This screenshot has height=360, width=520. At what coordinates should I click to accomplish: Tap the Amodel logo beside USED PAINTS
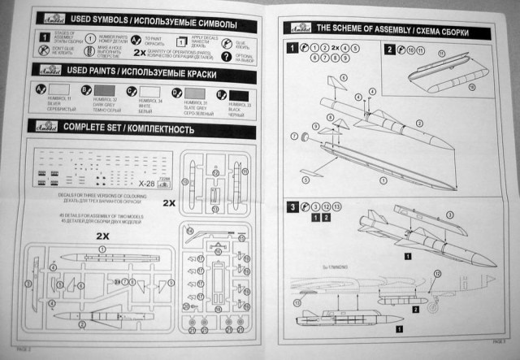[x=38, y=72]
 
